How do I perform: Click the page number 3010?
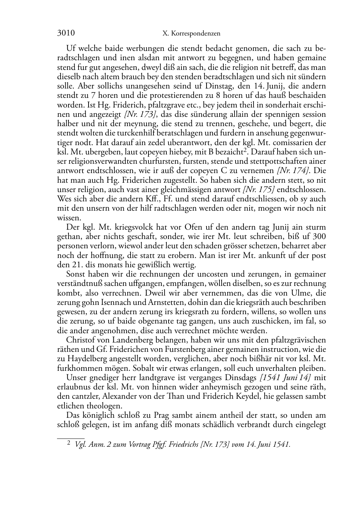pyautogui.click(x=66, y=33)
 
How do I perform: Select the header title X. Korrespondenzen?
pyautogui.click(x=191, y=34)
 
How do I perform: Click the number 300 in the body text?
pyautogui.click(x=319, y=236)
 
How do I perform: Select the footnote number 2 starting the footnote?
pyautogui.click(x=69, y=444)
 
